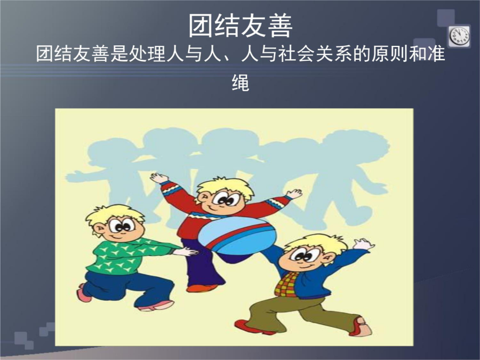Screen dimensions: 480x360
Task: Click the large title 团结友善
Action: coord(241,26)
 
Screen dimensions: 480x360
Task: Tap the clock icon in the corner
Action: coord(460,36)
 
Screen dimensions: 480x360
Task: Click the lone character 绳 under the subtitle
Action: coord(241,82)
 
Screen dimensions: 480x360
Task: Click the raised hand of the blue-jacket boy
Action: coord(363,244)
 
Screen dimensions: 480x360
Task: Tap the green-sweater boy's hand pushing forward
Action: coord(187,252)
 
